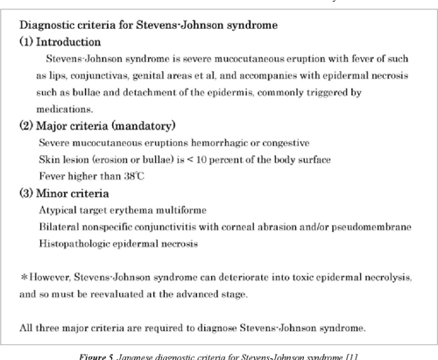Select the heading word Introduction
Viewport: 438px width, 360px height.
click(x=69, y=41)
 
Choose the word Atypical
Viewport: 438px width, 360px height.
click(x=57, y=209)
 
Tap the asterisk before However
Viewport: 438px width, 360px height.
click(x=24, y=277)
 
